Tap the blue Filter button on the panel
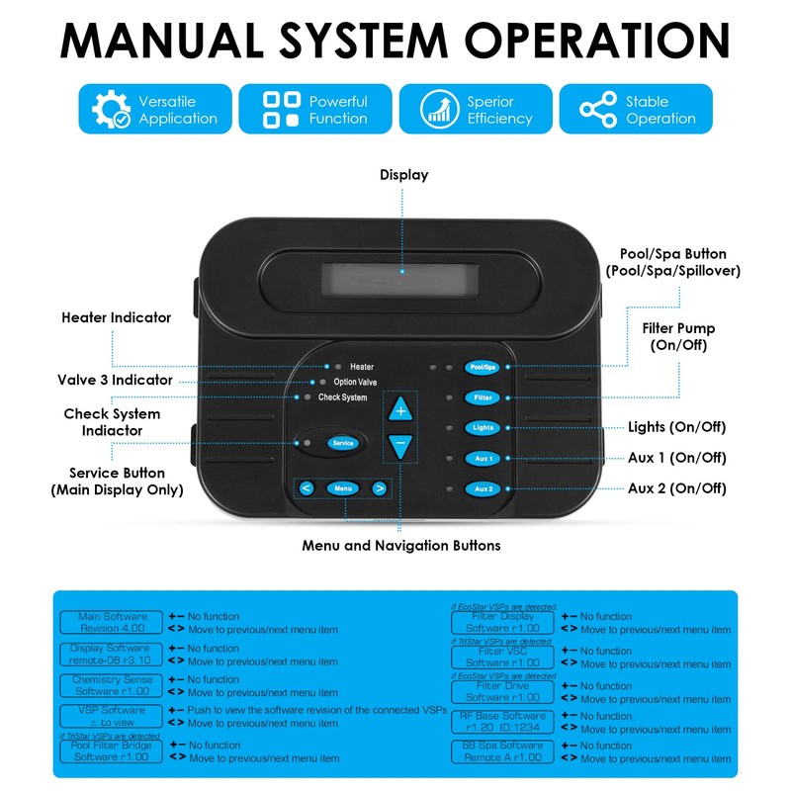(483, 397)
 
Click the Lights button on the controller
(483, 428)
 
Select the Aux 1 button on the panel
(483, 459)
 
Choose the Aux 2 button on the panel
(483, 488)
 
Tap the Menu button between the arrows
(342, 487)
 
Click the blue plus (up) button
(400, 409)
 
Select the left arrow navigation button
(307, 487)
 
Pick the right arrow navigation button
(379, 487)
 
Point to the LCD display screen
(402, 270)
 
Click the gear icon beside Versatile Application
(109, 109)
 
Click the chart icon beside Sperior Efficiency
(437, 109)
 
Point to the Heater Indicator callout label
(116, 318)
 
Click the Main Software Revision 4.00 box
(112, 622)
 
